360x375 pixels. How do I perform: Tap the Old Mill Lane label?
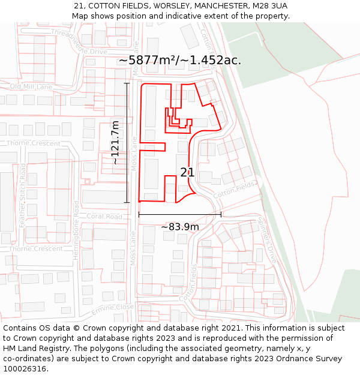[31, 87]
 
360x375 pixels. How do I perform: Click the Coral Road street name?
[104, 217]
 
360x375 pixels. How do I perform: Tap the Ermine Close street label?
[112, 310]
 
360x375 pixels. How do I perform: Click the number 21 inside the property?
[187, 173]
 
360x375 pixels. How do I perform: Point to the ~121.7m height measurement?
[115, 143]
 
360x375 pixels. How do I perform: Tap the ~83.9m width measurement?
[179, 227]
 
